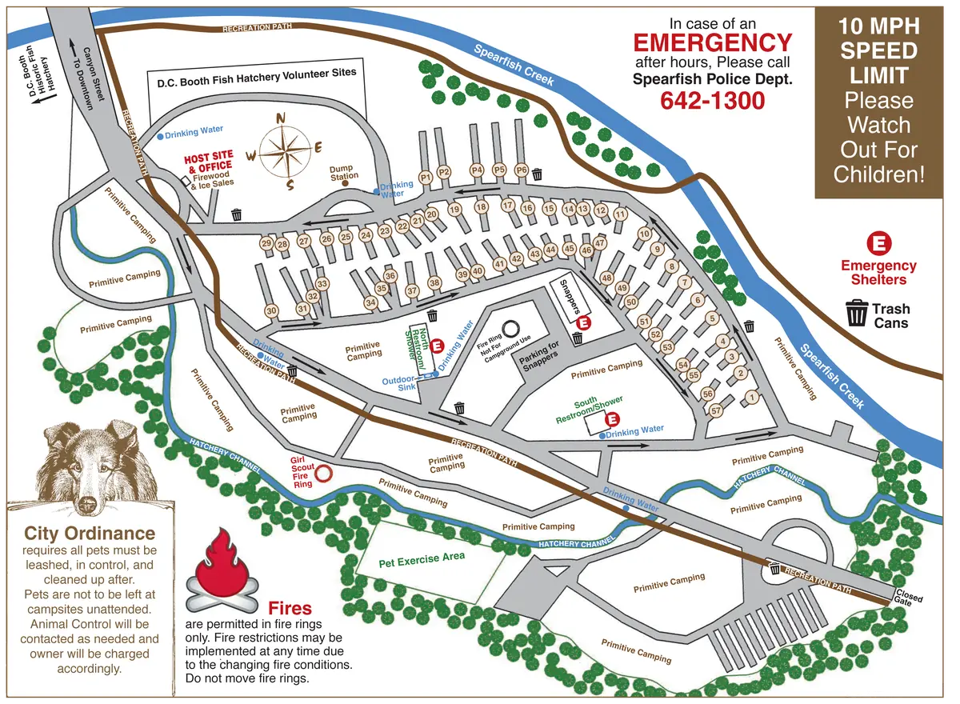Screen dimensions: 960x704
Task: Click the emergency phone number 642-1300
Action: tap(712, 101)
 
